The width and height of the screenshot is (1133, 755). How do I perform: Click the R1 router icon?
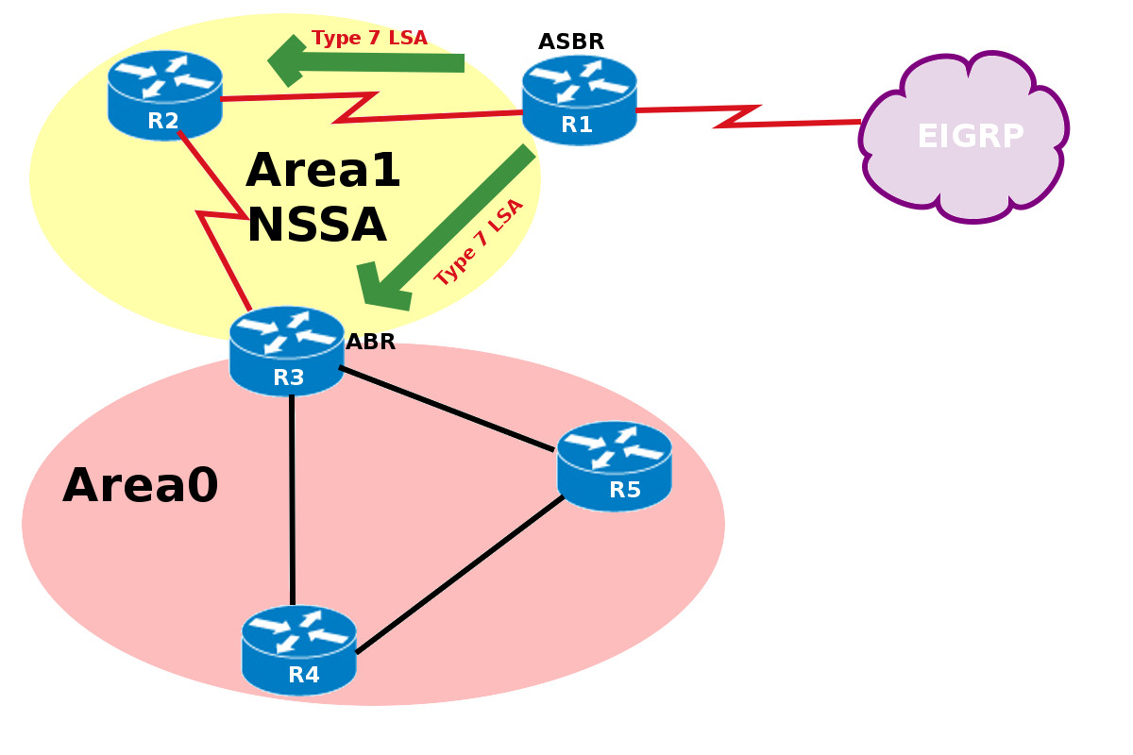579,99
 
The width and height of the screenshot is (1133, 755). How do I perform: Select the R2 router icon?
164,95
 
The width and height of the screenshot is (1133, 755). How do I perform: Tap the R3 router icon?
287,351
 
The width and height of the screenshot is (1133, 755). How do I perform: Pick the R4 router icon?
298,650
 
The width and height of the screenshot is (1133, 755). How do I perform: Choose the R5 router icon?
614,466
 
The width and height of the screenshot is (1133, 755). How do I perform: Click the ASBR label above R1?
570,42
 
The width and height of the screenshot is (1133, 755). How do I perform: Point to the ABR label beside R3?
370,342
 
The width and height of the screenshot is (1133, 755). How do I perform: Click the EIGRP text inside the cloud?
970,137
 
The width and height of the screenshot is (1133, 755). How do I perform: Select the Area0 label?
141,486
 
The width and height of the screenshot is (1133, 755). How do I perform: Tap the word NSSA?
315,226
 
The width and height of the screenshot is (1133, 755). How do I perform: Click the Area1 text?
323,172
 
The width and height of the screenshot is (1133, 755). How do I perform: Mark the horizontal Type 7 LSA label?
369,38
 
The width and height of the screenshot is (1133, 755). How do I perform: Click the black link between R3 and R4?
292,500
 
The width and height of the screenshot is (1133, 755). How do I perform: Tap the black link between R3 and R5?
446,409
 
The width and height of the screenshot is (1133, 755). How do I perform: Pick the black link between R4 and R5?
460,573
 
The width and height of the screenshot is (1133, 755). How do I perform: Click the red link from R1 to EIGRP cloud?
746,115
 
